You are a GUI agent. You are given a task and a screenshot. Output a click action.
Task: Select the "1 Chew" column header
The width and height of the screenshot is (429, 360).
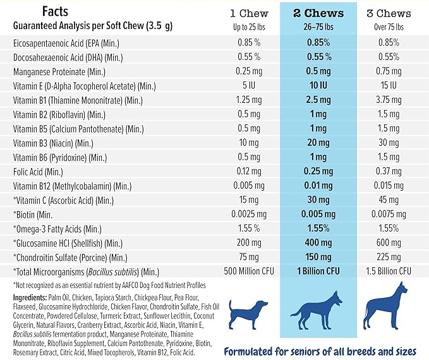point(249,13)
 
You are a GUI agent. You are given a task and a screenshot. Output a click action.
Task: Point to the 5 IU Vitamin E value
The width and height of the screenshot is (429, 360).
point(249,85)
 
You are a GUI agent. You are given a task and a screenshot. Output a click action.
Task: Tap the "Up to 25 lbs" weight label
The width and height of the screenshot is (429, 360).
point(249,27)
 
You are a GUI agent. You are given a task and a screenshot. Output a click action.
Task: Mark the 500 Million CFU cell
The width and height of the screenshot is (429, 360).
point(249,271)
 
